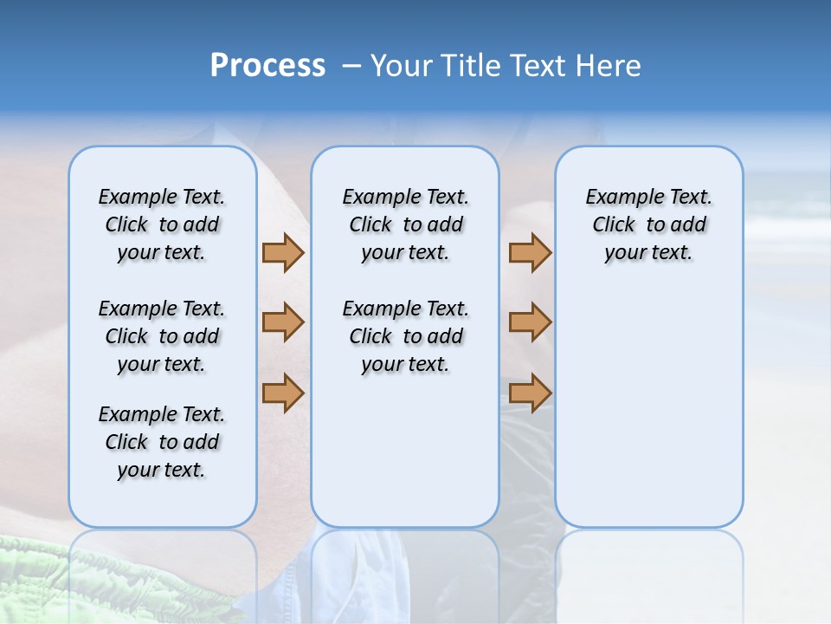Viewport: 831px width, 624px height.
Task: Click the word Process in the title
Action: [x=267, y=66]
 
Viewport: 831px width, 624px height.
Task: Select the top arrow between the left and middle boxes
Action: [x=283, y=252]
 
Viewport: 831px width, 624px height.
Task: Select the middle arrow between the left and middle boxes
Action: [x=283, y=322]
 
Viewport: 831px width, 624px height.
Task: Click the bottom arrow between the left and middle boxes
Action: [x=283, y=393]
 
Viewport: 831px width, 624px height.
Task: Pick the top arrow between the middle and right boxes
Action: [x=530, y=252]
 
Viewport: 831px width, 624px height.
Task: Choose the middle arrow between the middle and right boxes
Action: [x=530, y=322]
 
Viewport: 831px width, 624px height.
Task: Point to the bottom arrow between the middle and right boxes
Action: [x=530, y=393]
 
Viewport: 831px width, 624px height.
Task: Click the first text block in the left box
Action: [x=162, y=224]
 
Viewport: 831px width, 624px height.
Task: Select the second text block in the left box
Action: [x=162, y=336]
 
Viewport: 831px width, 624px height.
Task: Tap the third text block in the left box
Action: [x=162, y=442]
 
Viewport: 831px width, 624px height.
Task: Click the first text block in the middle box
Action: [x=405, y=224]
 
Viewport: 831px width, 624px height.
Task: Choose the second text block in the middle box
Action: [x=405, y=336]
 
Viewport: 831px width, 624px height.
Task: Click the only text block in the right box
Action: [x=648, y=224]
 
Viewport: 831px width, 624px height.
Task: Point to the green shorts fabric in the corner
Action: [x=52, y=581]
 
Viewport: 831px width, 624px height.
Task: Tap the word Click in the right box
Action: [x=614, y=225]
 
